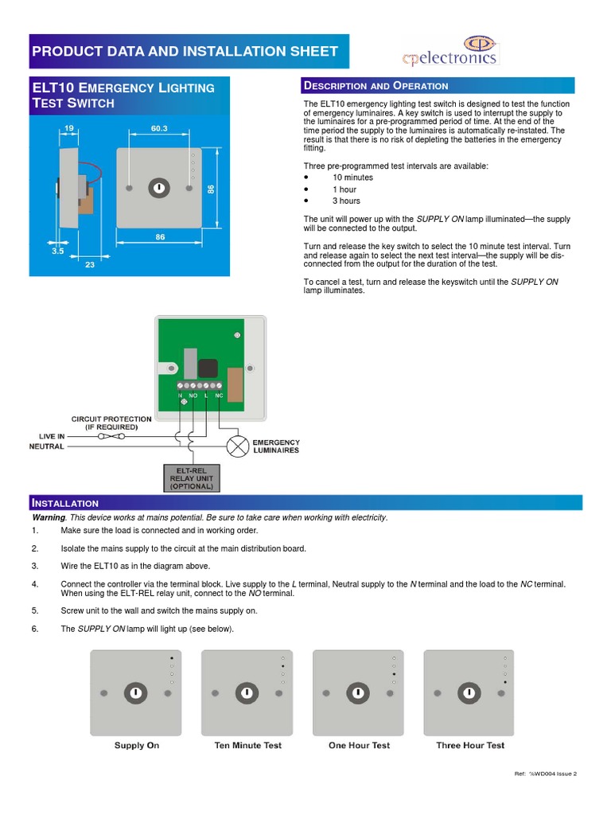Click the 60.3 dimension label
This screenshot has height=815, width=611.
pos(159,128)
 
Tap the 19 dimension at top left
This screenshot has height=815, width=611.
pos(69,128)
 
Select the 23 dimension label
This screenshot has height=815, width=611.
pos(89,265)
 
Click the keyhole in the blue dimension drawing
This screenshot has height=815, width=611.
pos(159,188)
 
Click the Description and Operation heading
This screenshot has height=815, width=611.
pos(376,86)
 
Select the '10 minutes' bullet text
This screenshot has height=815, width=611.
pos(352,177)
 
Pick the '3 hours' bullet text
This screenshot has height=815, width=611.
pos(346,201)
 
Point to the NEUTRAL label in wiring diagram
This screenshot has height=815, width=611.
pos(47,447)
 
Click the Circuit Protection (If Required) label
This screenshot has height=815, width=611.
pos(111,423)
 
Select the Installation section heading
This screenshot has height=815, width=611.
pos(64,503)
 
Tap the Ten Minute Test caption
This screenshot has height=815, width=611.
pos(247,746)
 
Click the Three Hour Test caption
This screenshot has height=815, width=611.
pos(470,746)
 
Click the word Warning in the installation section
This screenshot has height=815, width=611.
pos(48,518)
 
